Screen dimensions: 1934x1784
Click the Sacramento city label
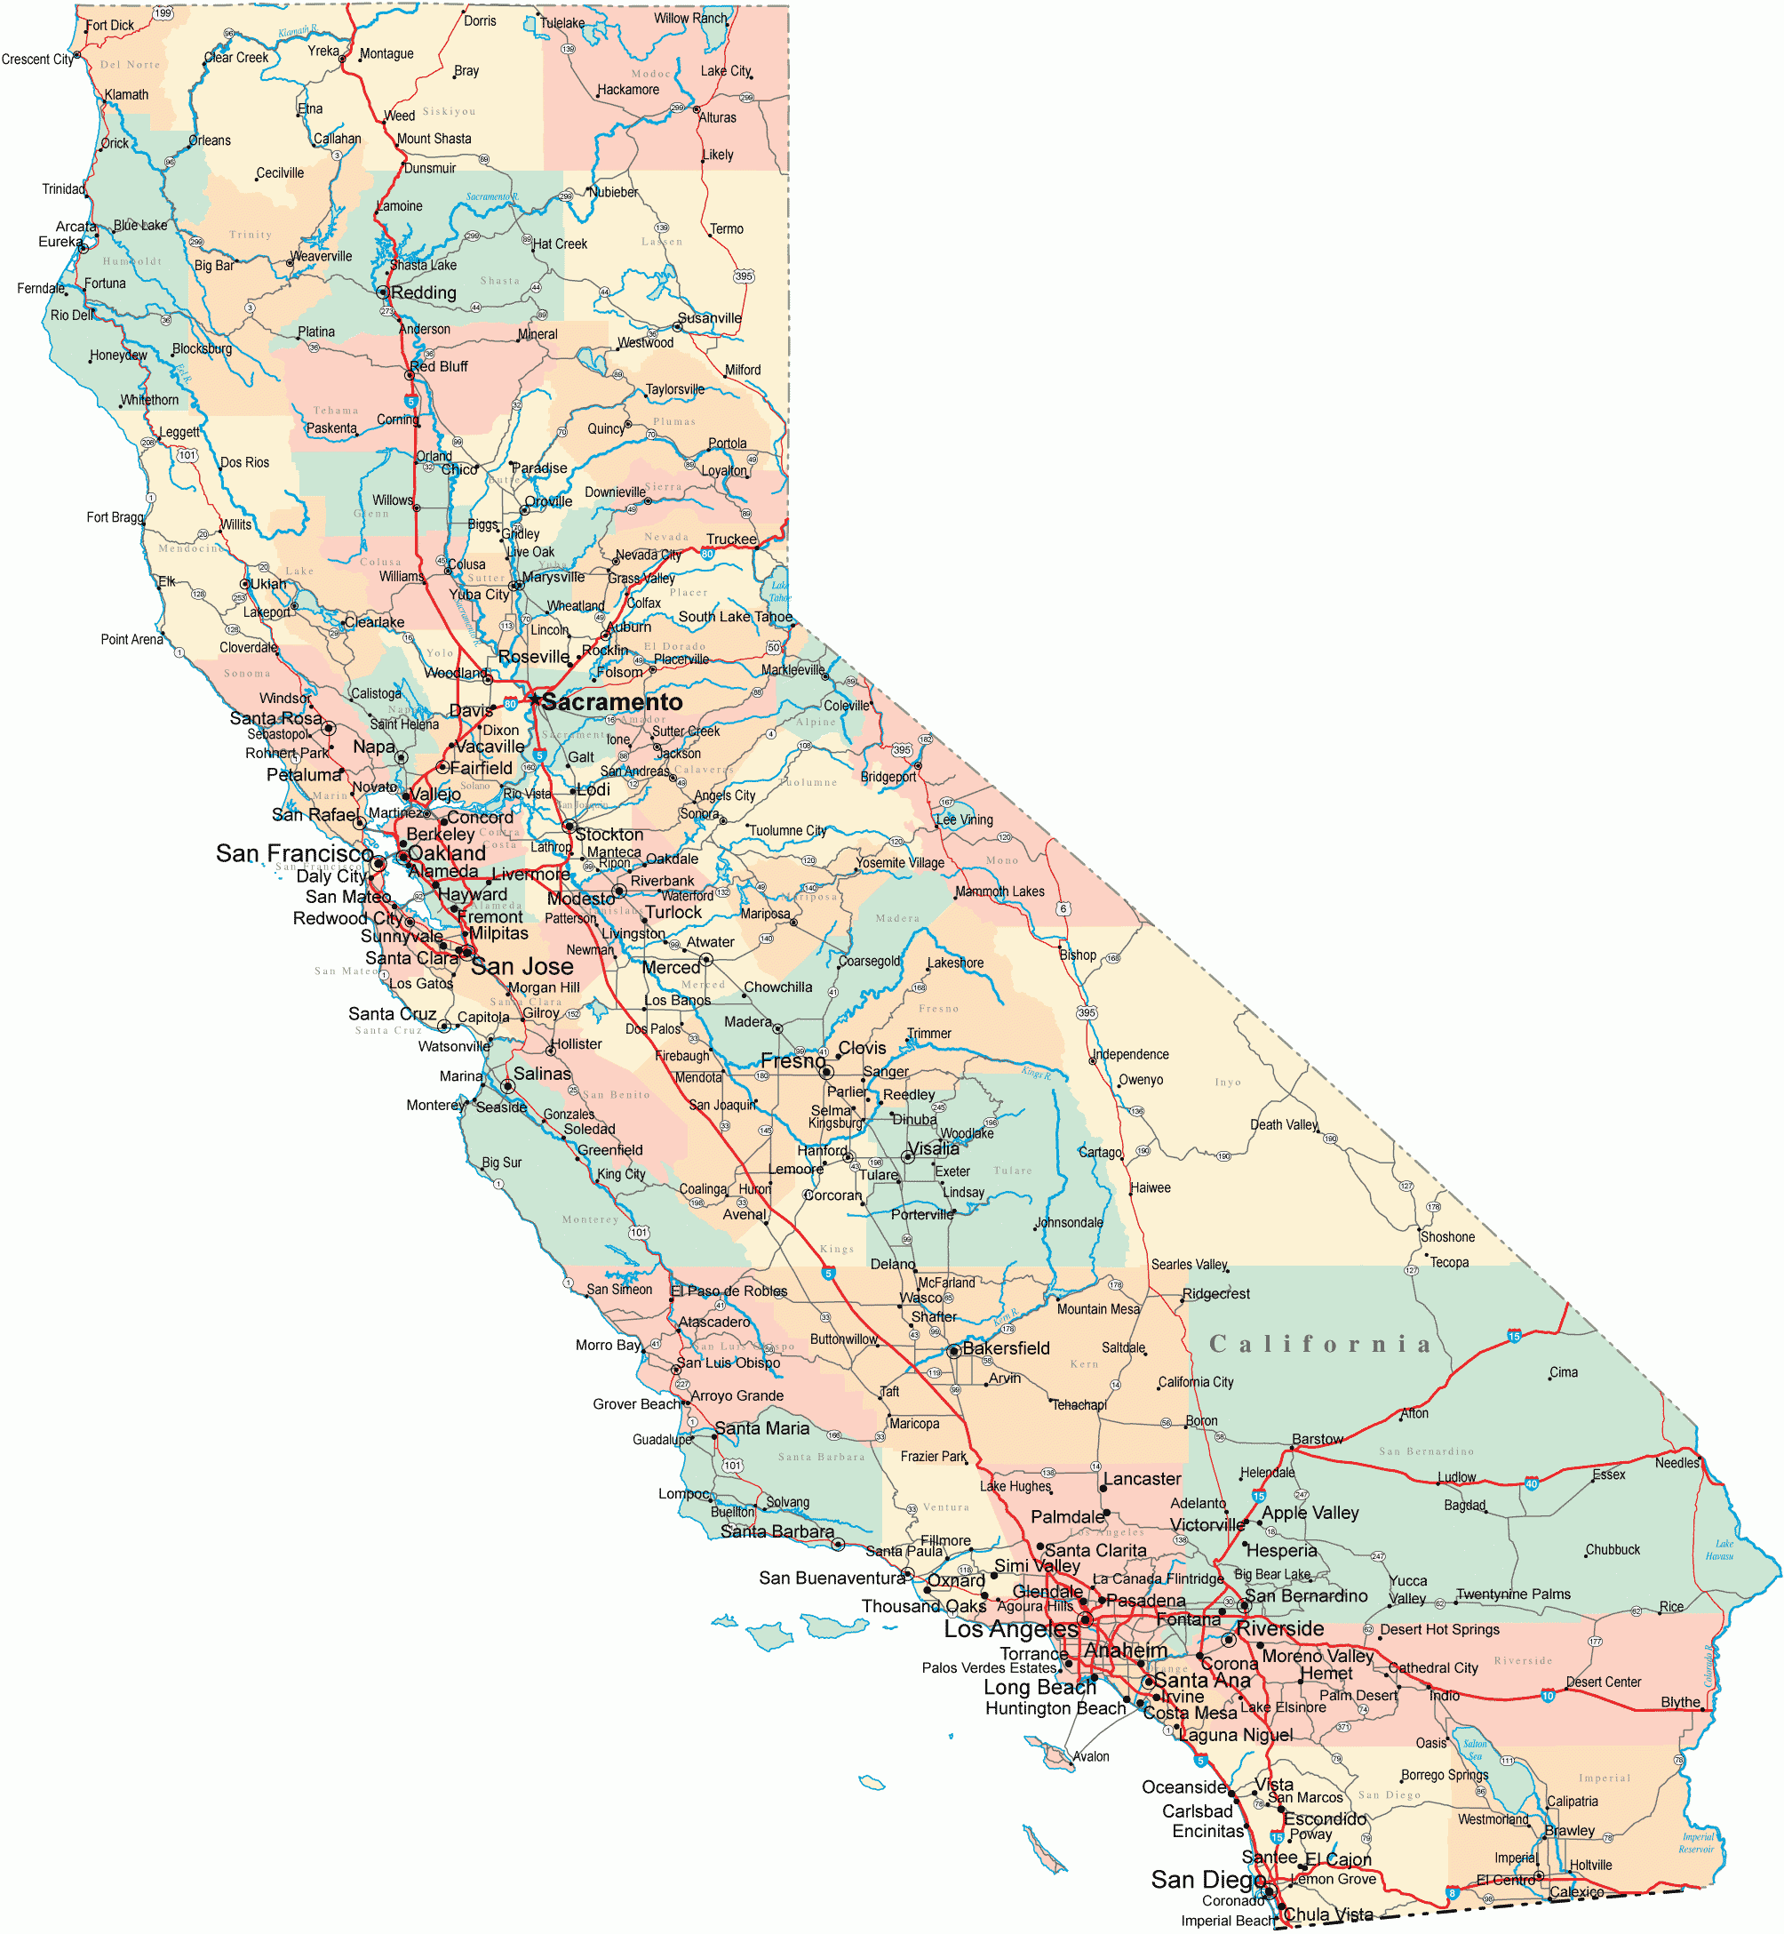(611, 702)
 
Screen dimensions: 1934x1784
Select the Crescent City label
(37, 60)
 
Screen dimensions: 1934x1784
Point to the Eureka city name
(60, 242)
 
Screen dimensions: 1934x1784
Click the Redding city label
(423, 292)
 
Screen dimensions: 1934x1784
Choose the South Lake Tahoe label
(735, 617)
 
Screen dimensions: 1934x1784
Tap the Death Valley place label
(1283, 1124)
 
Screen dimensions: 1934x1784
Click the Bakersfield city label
(1006, 1348)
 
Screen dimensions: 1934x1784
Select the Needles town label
(1676, 1463)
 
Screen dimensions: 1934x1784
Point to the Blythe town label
(1681, 1702)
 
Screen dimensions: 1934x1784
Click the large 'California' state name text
(1319, 1344)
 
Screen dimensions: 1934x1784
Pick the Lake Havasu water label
(1719, 1550)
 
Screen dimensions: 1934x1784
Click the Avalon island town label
(1091, 1756)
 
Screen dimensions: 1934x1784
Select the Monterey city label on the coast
(435, 1105)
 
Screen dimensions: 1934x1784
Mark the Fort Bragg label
(115, 517)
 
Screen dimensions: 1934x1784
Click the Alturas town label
(717, 118)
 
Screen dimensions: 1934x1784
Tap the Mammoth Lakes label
(1000, 891)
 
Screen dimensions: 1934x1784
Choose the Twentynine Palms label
(1513, 1594)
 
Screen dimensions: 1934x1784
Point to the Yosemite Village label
(901, 862)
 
